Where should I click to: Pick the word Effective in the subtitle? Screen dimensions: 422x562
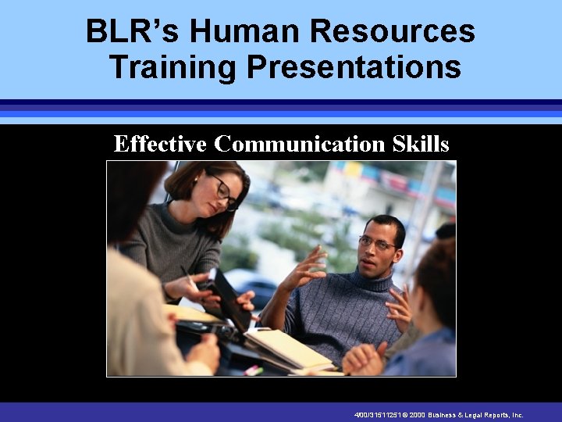pyautogui.click(x=160, y=144)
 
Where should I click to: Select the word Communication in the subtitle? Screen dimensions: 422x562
pyautogui.click(x=299, y=144)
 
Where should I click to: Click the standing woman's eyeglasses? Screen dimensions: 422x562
pyautogui.click(x=225, y=192)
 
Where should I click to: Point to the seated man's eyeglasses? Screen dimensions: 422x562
pyautogui.click(x=376, y=245)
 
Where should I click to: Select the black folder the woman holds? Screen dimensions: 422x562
pyautogui.click(x=230, y=297)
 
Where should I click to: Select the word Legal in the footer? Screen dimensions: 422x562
pyautogui.click(x=481, y=416)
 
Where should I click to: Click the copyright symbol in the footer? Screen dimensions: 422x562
pyautogui.click(x=405, y=416)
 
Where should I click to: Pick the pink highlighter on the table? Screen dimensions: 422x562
pyautogui.click(x=254, y=370)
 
